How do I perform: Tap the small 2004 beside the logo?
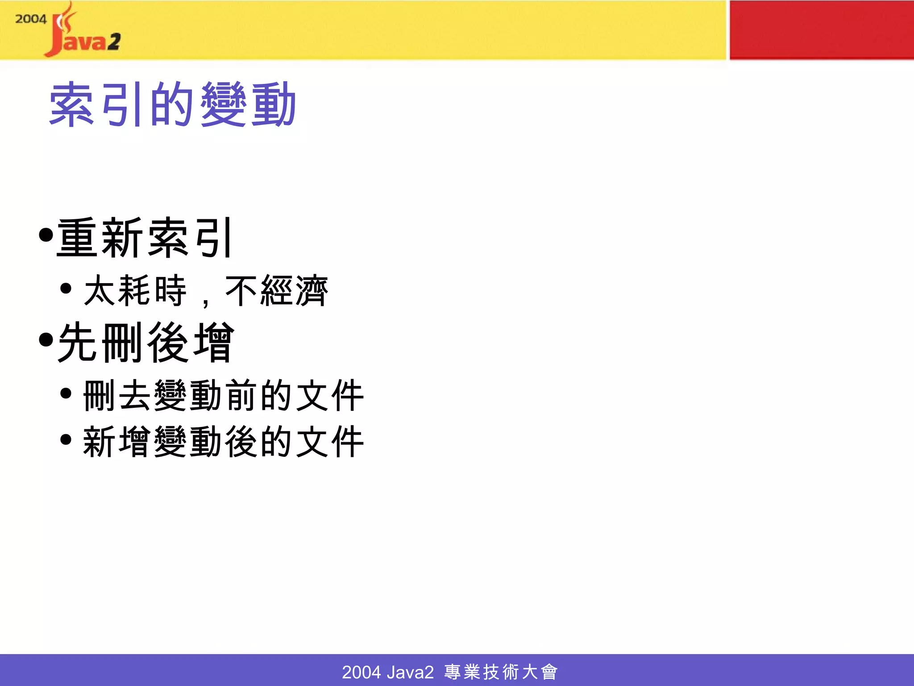click(x=30, y=19)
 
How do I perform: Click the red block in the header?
click(x=821, y=29)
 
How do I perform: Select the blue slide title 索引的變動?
click(x=172, y=105)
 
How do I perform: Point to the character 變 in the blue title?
click(x=223, y=105)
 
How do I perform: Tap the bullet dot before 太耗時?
click(x=66, y=289)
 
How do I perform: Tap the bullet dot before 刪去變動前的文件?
click(x=66, y=393)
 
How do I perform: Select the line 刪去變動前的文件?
click(x=223, y=396)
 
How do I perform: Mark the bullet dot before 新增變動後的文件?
click(x=66, y=439)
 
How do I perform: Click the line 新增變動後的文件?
click(x=223, y=442)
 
